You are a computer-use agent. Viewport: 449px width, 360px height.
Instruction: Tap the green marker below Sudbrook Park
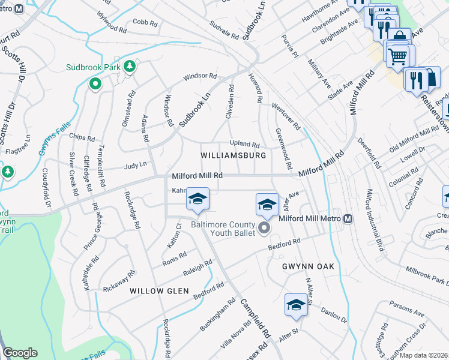[94, 85]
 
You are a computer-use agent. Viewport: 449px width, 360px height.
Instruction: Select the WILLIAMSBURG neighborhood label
[233, 155]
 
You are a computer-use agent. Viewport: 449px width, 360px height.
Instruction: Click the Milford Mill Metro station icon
[348, 219]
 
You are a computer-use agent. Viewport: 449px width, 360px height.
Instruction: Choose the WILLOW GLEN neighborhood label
[159, 291]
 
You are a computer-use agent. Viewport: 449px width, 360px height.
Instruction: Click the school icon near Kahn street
[197, 200]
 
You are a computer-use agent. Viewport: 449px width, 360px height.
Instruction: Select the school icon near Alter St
[296, 305]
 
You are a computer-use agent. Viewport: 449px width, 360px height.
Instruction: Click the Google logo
[20, 353]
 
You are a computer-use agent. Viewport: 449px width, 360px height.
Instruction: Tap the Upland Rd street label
[245, 145]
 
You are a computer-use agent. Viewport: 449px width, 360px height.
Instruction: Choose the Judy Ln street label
[135, 165]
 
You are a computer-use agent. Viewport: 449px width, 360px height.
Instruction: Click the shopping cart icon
[397, 58]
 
